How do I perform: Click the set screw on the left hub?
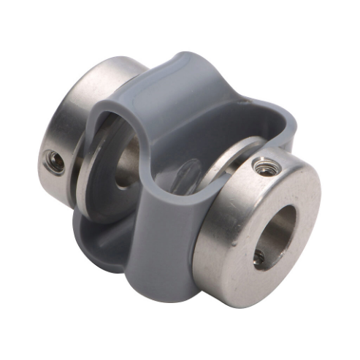point(53,161)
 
